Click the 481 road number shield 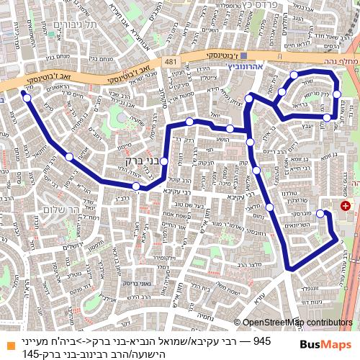[x=170, y=63]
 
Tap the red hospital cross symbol [x=346, y=206]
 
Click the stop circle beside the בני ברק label [x=164, y=161]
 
